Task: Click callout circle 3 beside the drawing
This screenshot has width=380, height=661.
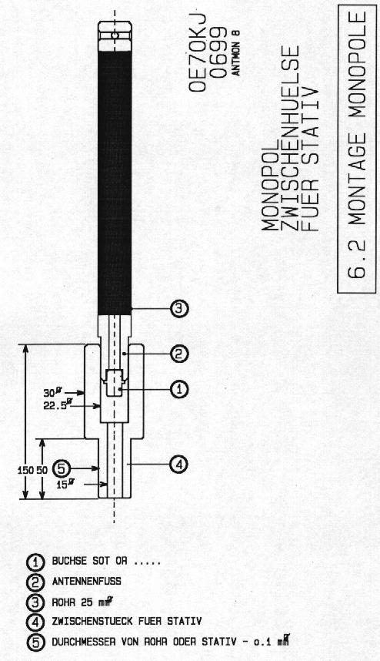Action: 179,309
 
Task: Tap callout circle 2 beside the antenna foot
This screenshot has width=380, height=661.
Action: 179,354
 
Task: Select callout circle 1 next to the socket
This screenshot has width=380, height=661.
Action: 179,390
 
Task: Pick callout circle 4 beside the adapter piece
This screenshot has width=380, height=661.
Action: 178,465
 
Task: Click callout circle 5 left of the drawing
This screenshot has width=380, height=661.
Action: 62,468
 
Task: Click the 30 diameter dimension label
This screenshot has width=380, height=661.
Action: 51,392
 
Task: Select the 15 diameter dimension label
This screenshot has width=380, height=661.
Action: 64,485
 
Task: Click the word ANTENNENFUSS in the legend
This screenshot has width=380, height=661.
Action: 86,581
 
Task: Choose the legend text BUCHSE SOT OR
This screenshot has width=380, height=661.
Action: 89,561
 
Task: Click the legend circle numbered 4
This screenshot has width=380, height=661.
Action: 35,622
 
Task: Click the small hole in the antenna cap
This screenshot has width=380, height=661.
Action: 115,36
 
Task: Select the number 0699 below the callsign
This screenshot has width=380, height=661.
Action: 218,52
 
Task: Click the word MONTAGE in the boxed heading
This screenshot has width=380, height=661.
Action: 357,176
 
